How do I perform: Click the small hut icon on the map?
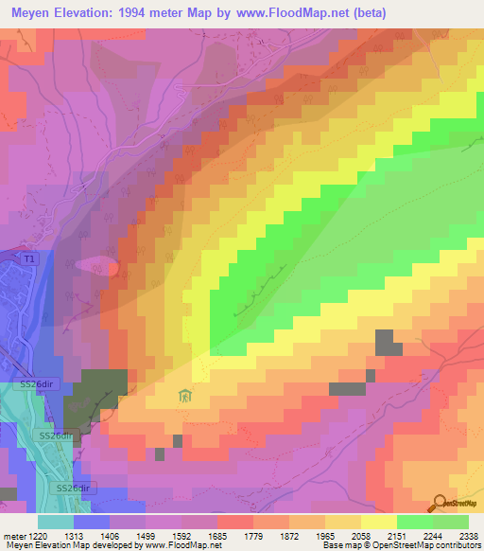pyautogui.click(x=185, y=396)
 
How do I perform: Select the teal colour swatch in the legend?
pyautogui.click(x=55, y=521)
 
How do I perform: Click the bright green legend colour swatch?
pyautogui.click(x=414, y=521)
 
